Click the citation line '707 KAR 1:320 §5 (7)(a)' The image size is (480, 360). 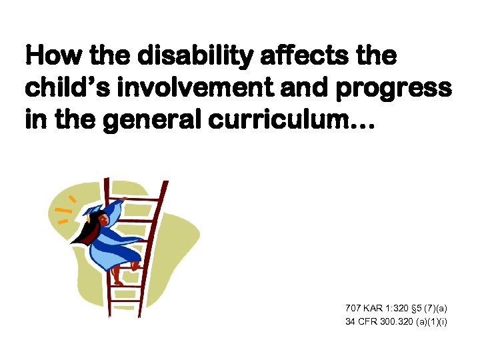396,308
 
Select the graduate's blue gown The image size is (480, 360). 113,243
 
